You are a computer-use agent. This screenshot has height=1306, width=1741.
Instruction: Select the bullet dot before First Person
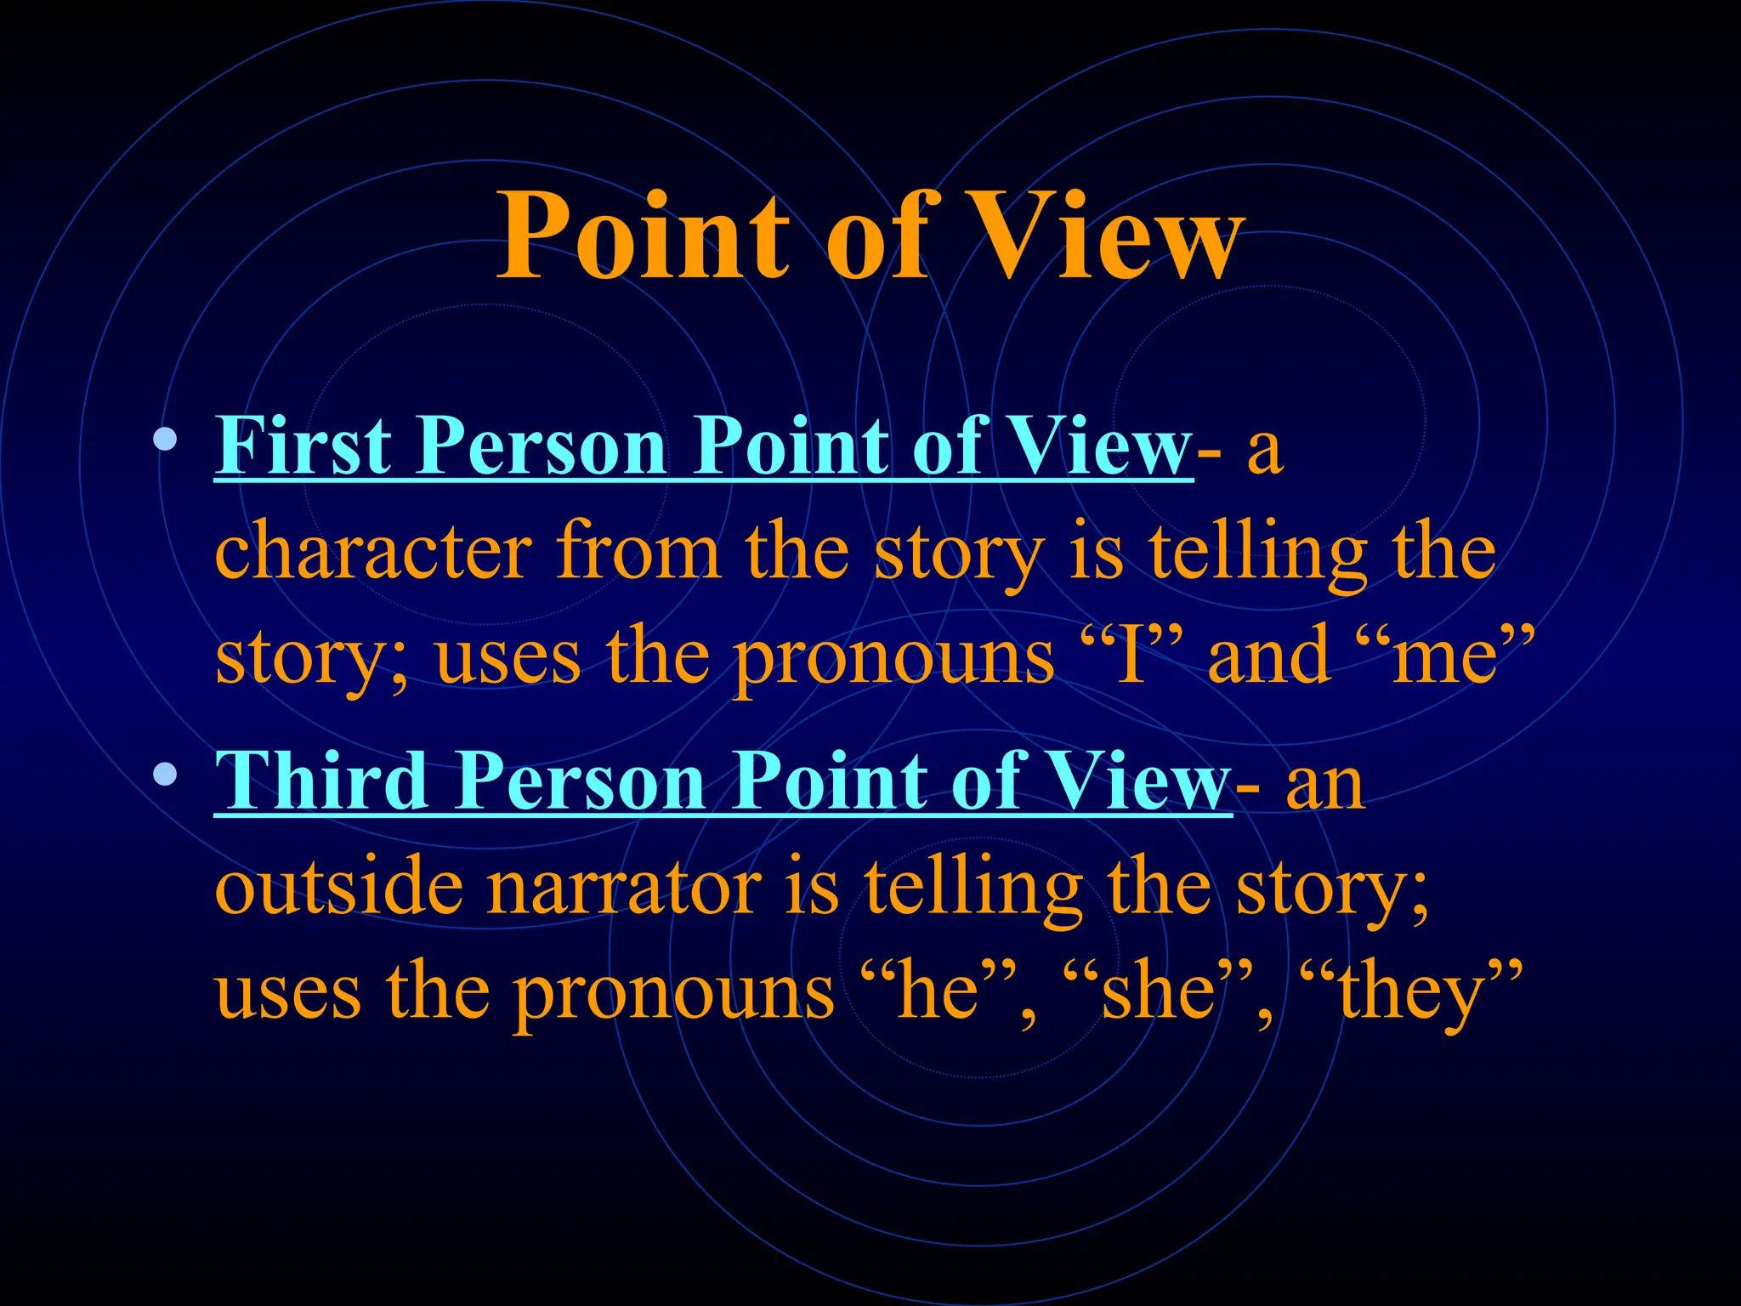click(166, 440)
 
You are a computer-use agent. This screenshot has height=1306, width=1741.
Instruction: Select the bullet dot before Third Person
click(166, 774)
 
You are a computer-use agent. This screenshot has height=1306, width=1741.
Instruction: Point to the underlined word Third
click(321, 781)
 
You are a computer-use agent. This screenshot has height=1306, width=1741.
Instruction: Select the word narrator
click(624, 889)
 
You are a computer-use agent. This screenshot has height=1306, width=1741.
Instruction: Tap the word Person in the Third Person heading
click(580, 781)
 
